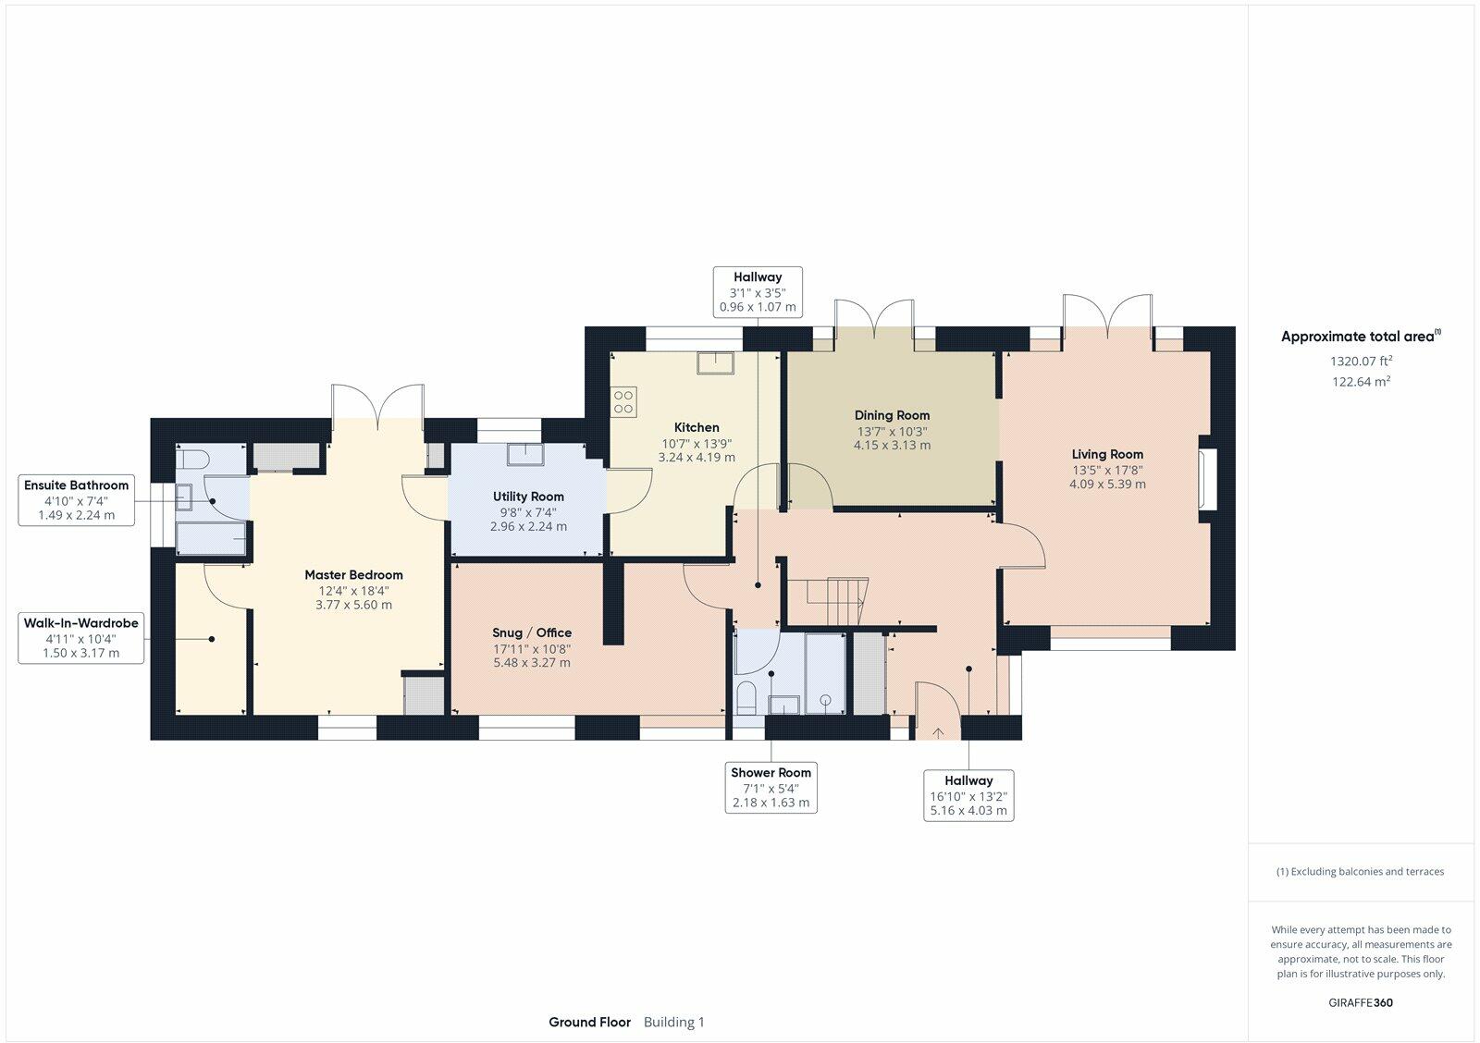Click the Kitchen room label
[697, 427]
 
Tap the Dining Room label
[892, 415]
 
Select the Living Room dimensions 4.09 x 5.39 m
[1107, 485]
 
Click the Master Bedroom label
[353, 575]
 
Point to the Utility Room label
[528, 497]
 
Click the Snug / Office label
[532, 632]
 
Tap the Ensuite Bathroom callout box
[77, 500]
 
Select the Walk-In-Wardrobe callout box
[81, 638]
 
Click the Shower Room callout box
[771, 788]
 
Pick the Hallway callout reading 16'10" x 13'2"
[968, 795]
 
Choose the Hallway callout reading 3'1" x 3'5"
[758, 292]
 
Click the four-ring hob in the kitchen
[623, 402]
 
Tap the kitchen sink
[716, 363]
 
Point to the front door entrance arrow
[938, 732]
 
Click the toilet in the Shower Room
[746, 698]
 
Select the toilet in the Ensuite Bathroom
[193, 459]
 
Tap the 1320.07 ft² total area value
[1361, 361]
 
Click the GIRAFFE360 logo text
[1361, 1002]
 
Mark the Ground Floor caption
[589, 1022]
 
